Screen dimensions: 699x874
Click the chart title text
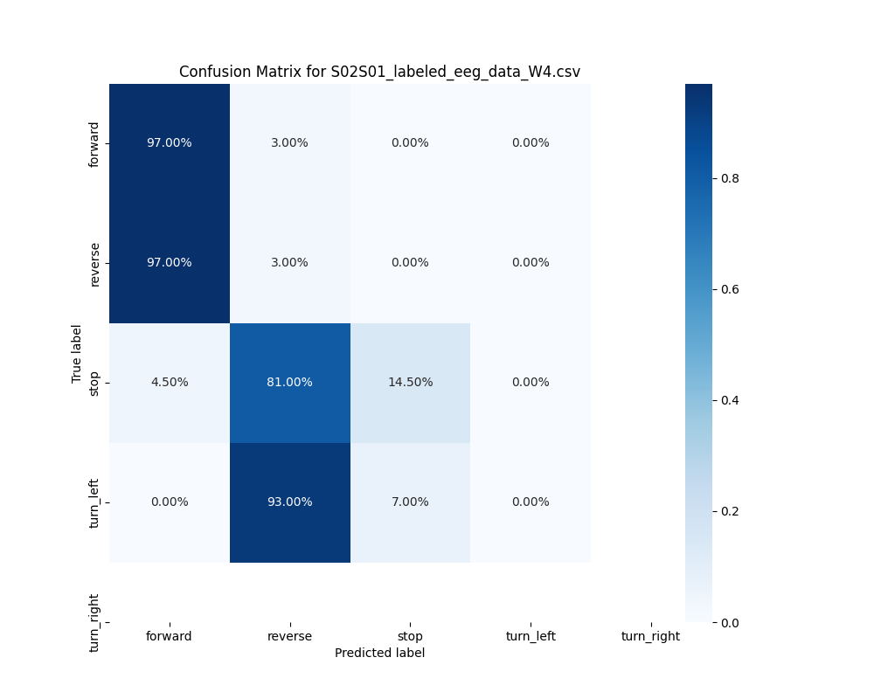tap(379, 72)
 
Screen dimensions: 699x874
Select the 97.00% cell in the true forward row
tap(169, 143)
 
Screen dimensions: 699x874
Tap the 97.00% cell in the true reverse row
tap(169, 263)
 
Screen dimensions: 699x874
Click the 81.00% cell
tap(289, 383)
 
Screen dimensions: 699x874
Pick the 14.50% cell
tap(410, 383)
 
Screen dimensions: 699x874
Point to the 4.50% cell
tap(169, 383)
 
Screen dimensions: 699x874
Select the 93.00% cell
tap(289, 502)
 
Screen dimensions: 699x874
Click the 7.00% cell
tap(410, 502)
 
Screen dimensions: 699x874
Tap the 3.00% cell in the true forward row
tap(289, 143)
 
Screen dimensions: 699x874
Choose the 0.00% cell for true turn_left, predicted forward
tap(169, 502)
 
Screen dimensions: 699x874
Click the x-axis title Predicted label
tap(379, 653)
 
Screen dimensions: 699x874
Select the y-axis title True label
tap(77, 353)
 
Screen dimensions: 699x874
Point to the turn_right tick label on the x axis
tap(650, 636)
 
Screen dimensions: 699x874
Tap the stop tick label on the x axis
tap(410, 636)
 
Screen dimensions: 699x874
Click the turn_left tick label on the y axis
tap(94, 502)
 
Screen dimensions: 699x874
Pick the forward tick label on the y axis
tap(94, 143)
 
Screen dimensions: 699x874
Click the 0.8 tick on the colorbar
tap(729, 178)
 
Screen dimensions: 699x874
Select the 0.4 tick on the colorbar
tap(729, 400)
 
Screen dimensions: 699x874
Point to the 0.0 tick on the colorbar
tap(729, 622)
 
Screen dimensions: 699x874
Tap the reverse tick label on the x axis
tap(289, 636)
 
